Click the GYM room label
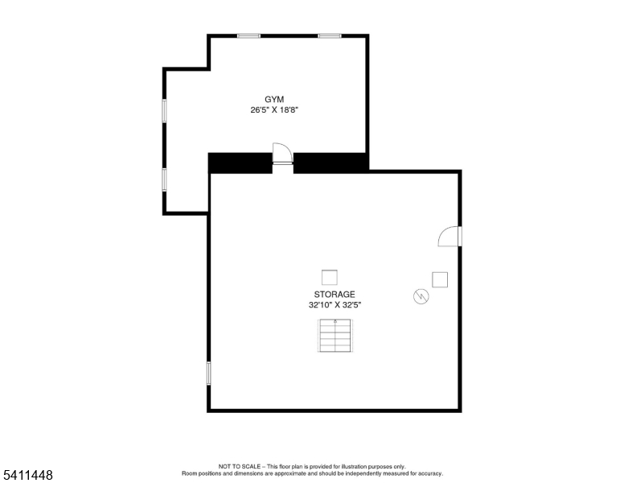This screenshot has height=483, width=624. pos(274,99)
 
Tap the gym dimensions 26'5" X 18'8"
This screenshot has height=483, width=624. pos(274,110)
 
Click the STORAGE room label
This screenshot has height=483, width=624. pos(334,295)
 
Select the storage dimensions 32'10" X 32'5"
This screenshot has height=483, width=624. pos(334,306)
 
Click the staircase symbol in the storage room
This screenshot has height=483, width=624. pos(335,336)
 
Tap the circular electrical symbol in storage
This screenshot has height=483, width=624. pos(420,297)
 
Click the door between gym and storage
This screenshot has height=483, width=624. pos(282,154)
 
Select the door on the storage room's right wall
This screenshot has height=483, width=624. pos(450,236)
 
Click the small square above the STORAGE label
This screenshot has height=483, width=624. pos(330,277)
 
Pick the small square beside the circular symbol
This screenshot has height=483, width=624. pos(440,279)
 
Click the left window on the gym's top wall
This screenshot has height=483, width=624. pos(248,35)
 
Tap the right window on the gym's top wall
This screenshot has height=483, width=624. pos(330,35)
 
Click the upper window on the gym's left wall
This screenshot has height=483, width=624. pos(164,109)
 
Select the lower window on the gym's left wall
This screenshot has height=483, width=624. pos(164,179)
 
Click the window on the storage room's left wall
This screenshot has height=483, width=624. pos(209,373)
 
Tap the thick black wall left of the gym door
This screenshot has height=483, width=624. pos(240,163)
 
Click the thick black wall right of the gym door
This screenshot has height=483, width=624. pos(330,162)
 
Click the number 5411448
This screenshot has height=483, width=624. pos(27,476)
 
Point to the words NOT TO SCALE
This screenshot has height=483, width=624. pos(242,467)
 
